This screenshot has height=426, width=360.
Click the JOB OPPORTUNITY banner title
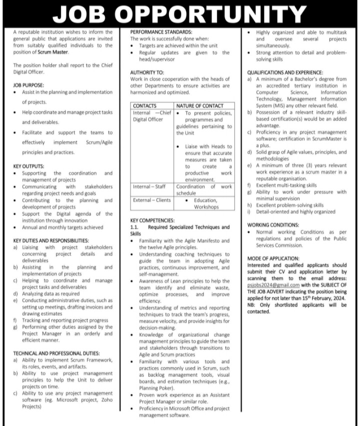click(x=179, y=13)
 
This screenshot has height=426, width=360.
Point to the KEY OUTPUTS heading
click(x=28, y=166)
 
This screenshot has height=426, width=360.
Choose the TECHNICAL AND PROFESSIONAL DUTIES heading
click(x=56, y=353)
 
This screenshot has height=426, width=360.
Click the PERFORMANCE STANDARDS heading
click(x=156, y=31)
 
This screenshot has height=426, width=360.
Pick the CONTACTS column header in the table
click(x=145, y=106)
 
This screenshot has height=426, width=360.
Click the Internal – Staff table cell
click(x=150, y=186)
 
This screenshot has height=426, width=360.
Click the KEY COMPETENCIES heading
click(x=152, y=219)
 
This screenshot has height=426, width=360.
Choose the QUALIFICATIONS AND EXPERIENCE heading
click(x=284, y=72)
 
